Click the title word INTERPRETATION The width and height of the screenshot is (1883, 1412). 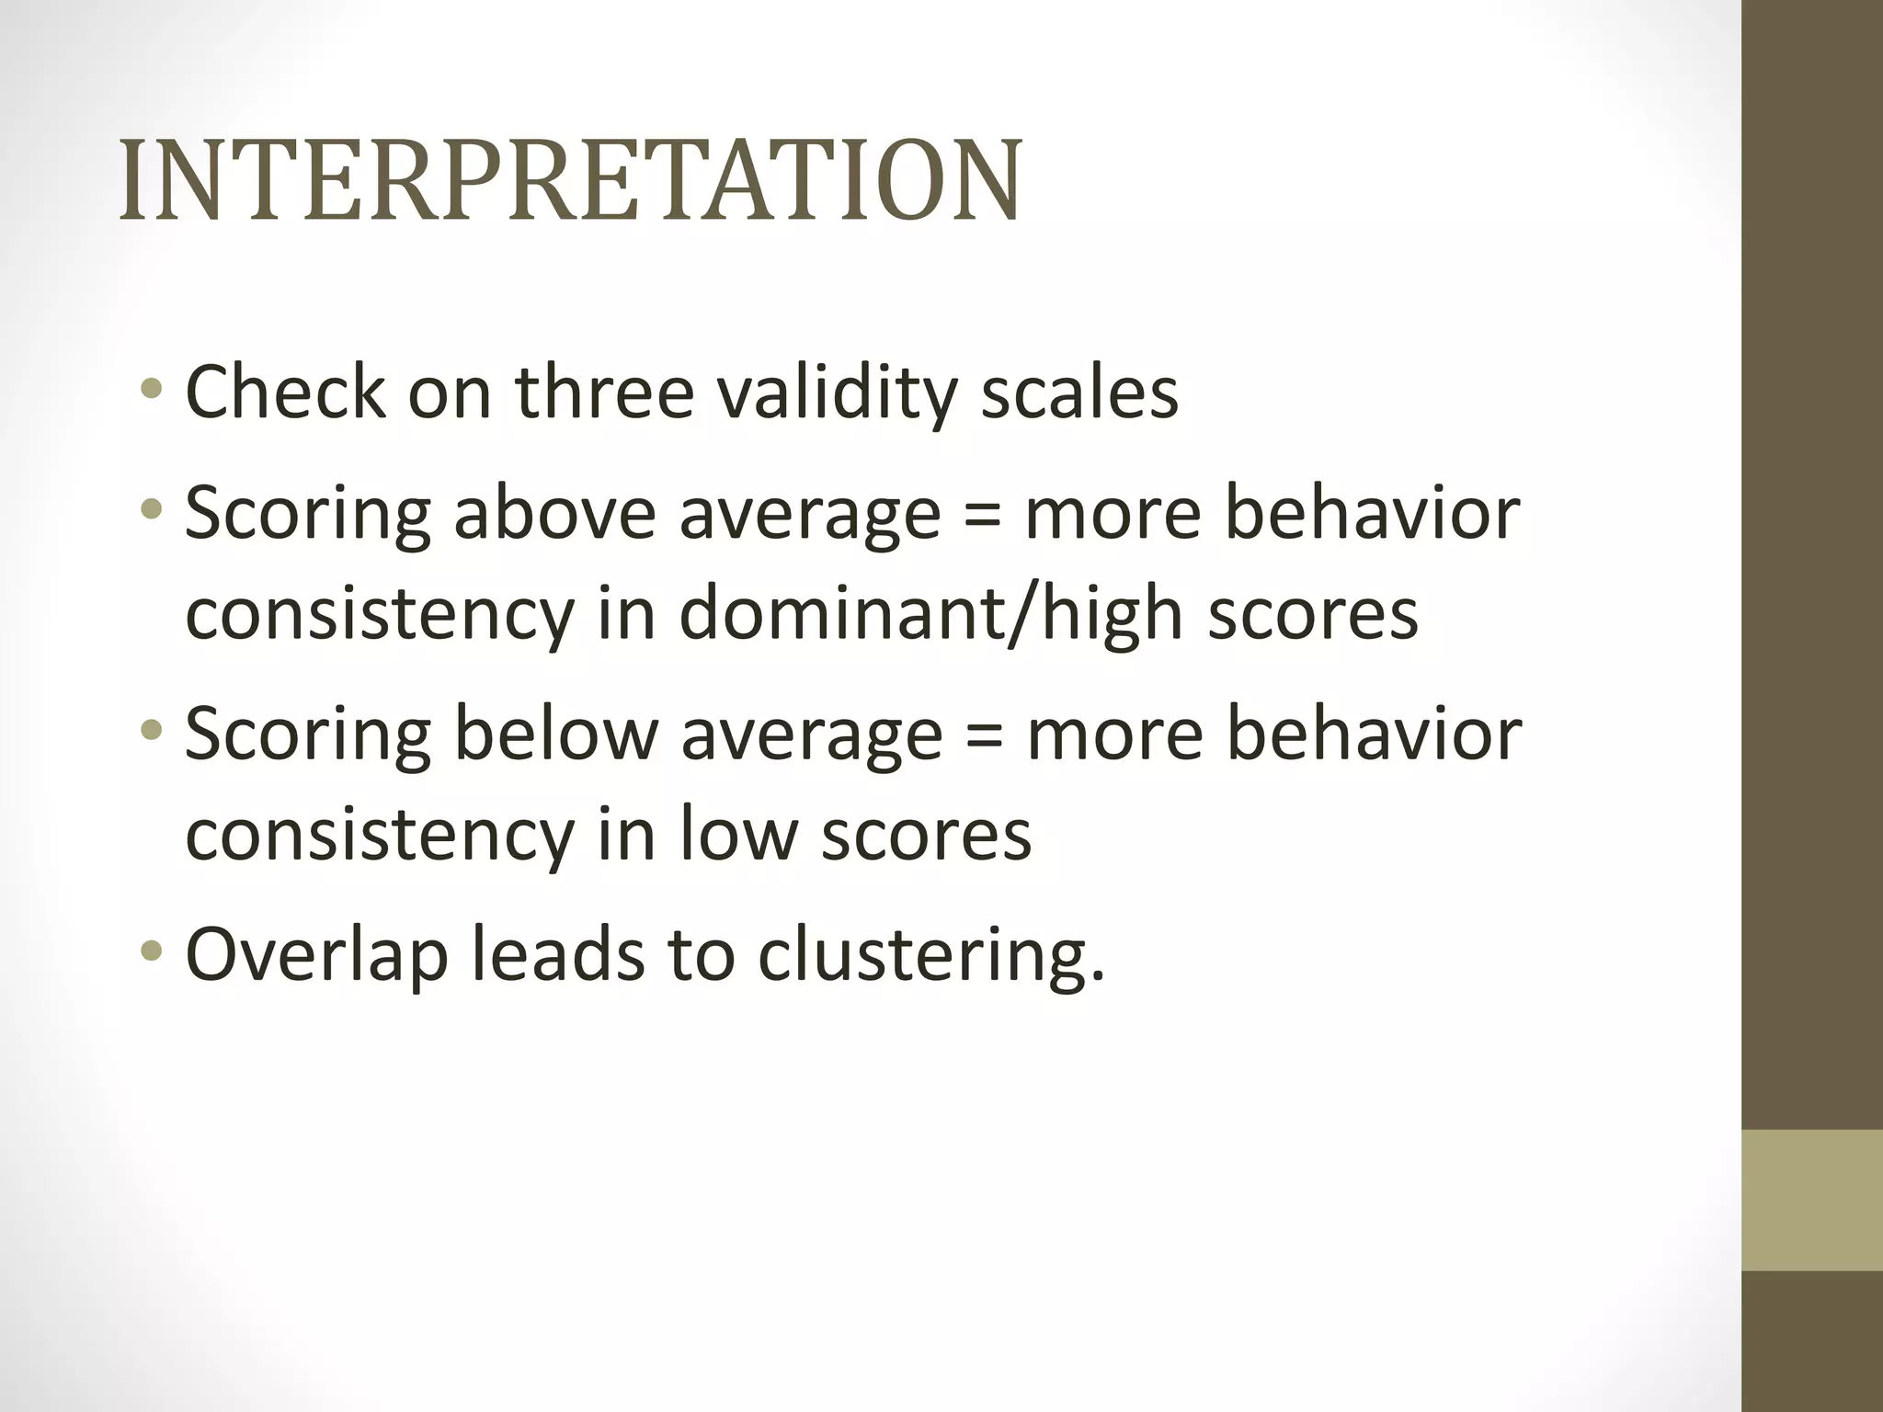[x=570, y=181]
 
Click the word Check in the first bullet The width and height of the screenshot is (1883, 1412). [x=285, y=393]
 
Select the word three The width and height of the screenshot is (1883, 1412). [x=604, y=393]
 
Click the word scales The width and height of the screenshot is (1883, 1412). [x=1079, y=393]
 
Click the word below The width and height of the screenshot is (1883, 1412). [x=556, y=734]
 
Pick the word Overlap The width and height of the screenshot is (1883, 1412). [x=316, y=956]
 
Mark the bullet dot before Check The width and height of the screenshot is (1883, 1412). [x=152, y=389]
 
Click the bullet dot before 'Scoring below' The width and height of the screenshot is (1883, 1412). [x=152, y=730]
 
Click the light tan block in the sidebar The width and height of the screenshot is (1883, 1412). [x=1812, y=1200]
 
